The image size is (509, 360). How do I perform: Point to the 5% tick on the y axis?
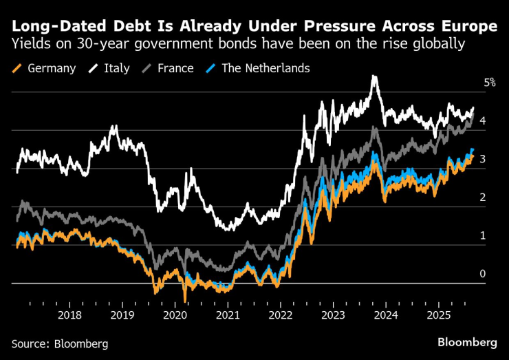tap(490, 83)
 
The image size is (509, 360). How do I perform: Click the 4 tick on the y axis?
tap(483, 121)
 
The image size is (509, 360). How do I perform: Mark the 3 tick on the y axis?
tap(483, 159)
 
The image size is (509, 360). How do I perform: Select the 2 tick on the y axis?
tap(483, 198)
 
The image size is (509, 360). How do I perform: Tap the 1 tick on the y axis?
tap(483, 235)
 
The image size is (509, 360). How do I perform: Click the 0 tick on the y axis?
tap(483, 274)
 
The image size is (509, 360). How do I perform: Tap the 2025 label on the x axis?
tap(440, 315)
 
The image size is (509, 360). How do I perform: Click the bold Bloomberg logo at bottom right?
tap(467, 342)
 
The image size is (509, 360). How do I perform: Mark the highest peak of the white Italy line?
tap(374, 76)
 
